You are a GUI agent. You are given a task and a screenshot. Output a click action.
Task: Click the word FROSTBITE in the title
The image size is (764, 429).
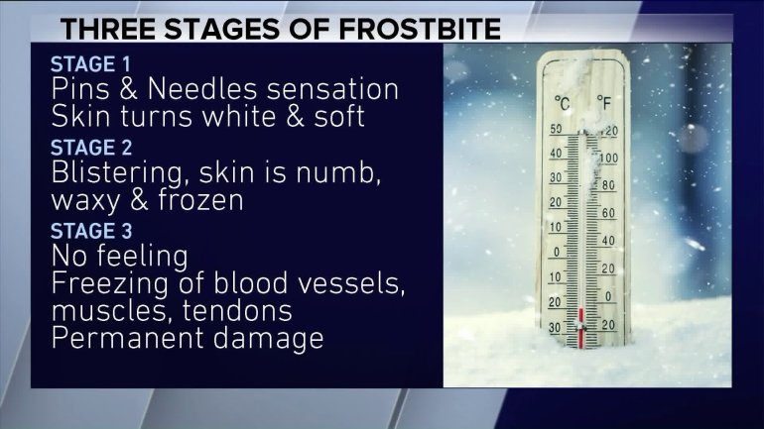pyautogui.click(x=420, y=29)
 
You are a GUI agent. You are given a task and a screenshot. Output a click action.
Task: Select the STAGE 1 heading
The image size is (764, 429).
pyautogui.click(x=90, y=64)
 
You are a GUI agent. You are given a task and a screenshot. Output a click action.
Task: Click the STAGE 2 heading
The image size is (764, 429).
pyautogui.click(x=91, y=148)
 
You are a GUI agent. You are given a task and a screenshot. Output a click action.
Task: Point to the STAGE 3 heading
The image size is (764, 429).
pyautogui.click(x=91, y=231)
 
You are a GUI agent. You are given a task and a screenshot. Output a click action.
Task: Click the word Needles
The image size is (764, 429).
pyautogui.click(x=201, y=89)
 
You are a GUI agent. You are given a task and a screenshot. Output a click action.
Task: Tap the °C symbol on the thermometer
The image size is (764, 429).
pyautogui.click(x=562, y=103)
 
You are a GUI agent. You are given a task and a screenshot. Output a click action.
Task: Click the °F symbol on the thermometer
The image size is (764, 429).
pyautogui.click(x=603, y=103)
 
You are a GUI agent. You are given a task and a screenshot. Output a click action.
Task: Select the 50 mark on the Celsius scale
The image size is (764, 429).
pyautogui.click(x=556, y=130)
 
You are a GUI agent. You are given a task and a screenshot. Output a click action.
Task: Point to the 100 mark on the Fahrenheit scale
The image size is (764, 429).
pyautogui.click(x=608, y=159)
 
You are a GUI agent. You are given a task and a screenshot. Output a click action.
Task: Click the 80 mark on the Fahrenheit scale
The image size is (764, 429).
pyautogui.click(x=608, y=185)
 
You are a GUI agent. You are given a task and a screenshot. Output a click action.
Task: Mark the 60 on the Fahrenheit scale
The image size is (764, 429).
pyautogui.click(x=608, y=213)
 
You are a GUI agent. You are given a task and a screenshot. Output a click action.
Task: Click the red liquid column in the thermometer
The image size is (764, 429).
pyautogui.click(x=580, y=328)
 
